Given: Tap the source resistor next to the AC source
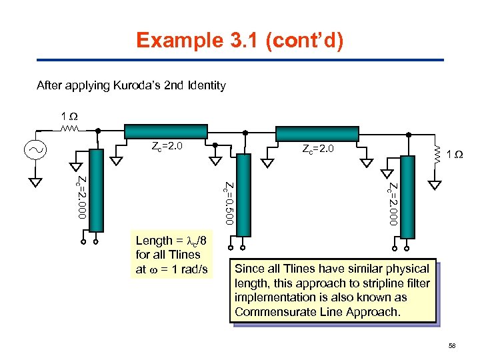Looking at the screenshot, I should point(71,130).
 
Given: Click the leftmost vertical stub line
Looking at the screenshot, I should point(97,189).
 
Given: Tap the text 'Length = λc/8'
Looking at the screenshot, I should point(171,241).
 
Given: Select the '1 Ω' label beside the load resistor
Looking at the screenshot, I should point(455,155).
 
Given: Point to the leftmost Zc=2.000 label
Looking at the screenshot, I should point(81,197).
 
